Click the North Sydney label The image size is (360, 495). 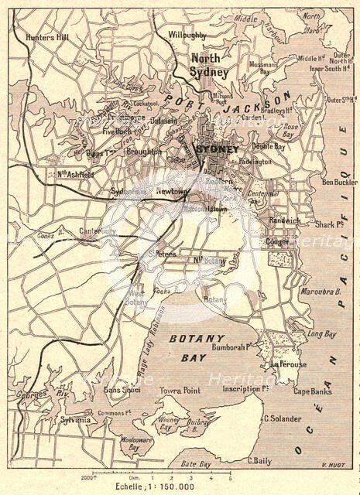211,65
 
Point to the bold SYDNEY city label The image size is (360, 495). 219,148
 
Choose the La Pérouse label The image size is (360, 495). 288,364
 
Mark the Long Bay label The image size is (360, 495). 321,334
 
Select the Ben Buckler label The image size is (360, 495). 340,182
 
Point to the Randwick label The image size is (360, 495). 284,220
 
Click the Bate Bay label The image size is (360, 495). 196,464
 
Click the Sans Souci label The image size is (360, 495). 122,391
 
